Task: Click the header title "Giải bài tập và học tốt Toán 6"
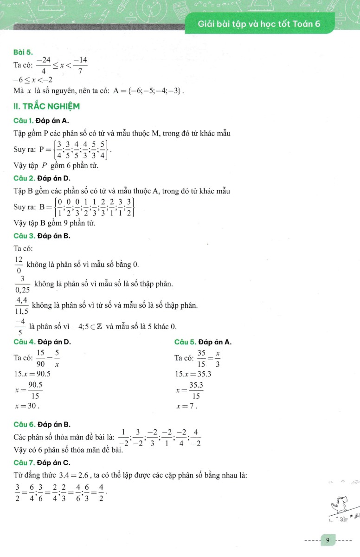tap(259, 24)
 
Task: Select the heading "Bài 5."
tap(23, 52)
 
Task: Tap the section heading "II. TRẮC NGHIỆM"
tap(47, 106)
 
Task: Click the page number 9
tap(328, 540)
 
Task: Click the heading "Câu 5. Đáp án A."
tap(203, 342)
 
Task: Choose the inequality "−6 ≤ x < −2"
tap(33, 79)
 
